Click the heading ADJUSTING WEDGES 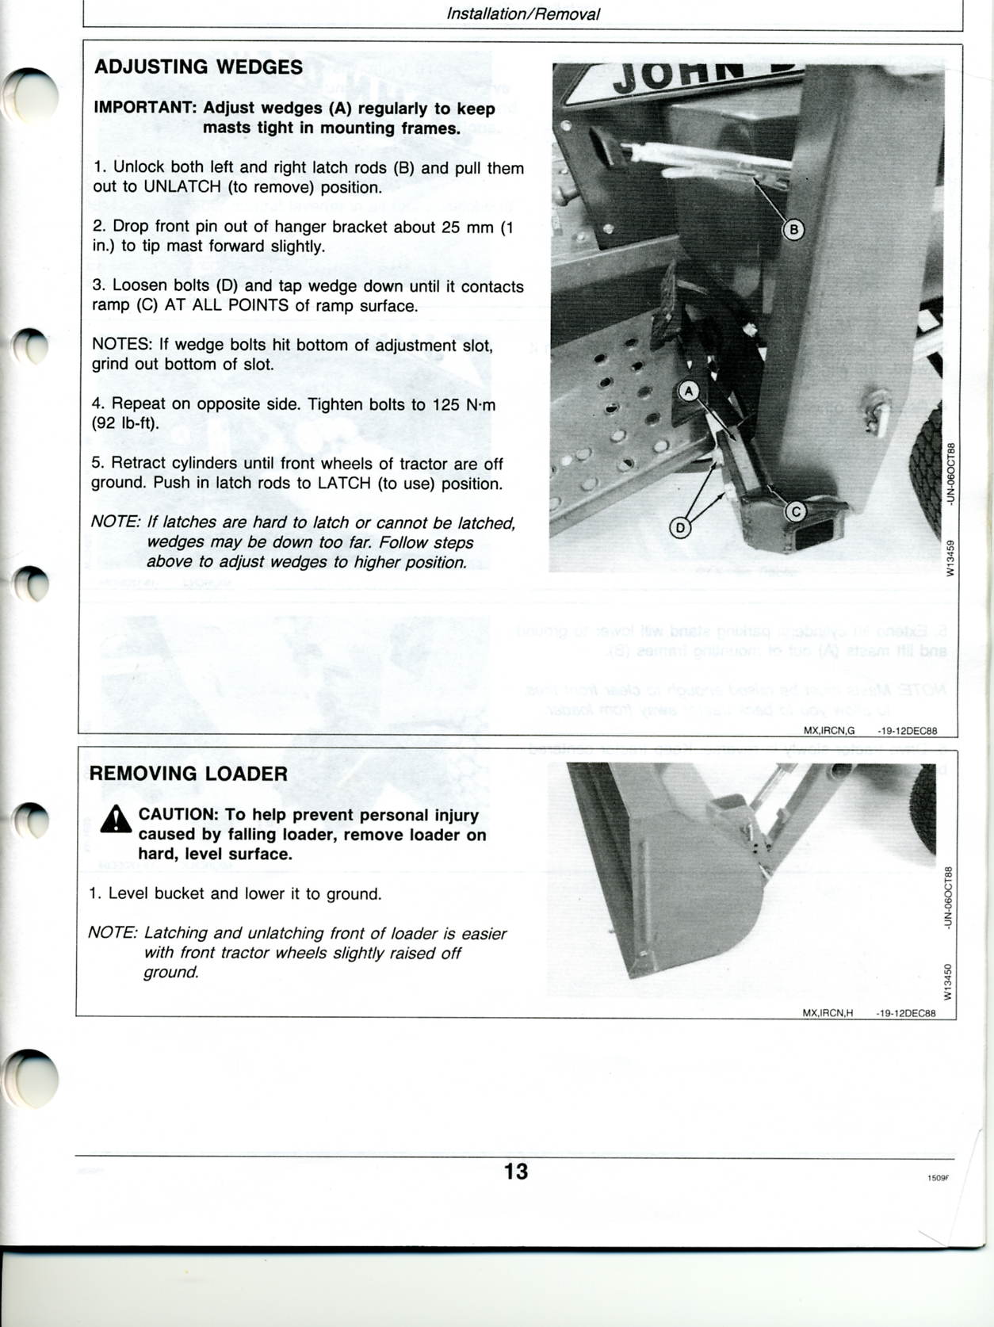[198, 67]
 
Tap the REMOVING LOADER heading [188, 774]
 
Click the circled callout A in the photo [688, 391]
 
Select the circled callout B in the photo [793, 230]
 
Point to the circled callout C [795, 512]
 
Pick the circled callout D [679, 527]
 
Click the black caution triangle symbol [116, 820]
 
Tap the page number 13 [515, 1172]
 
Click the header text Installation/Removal [523, 14]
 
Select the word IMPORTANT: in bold [145, 109]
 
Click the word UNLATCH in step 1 [182, 188]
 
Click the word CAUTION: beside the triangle [178, 815]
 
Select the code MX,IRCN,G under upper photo [829, 731]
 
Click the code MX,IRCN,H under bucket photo [828, 1013]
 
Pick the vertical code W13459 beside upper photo [950, 558]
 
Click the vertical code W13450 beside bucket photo [947, 981]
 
